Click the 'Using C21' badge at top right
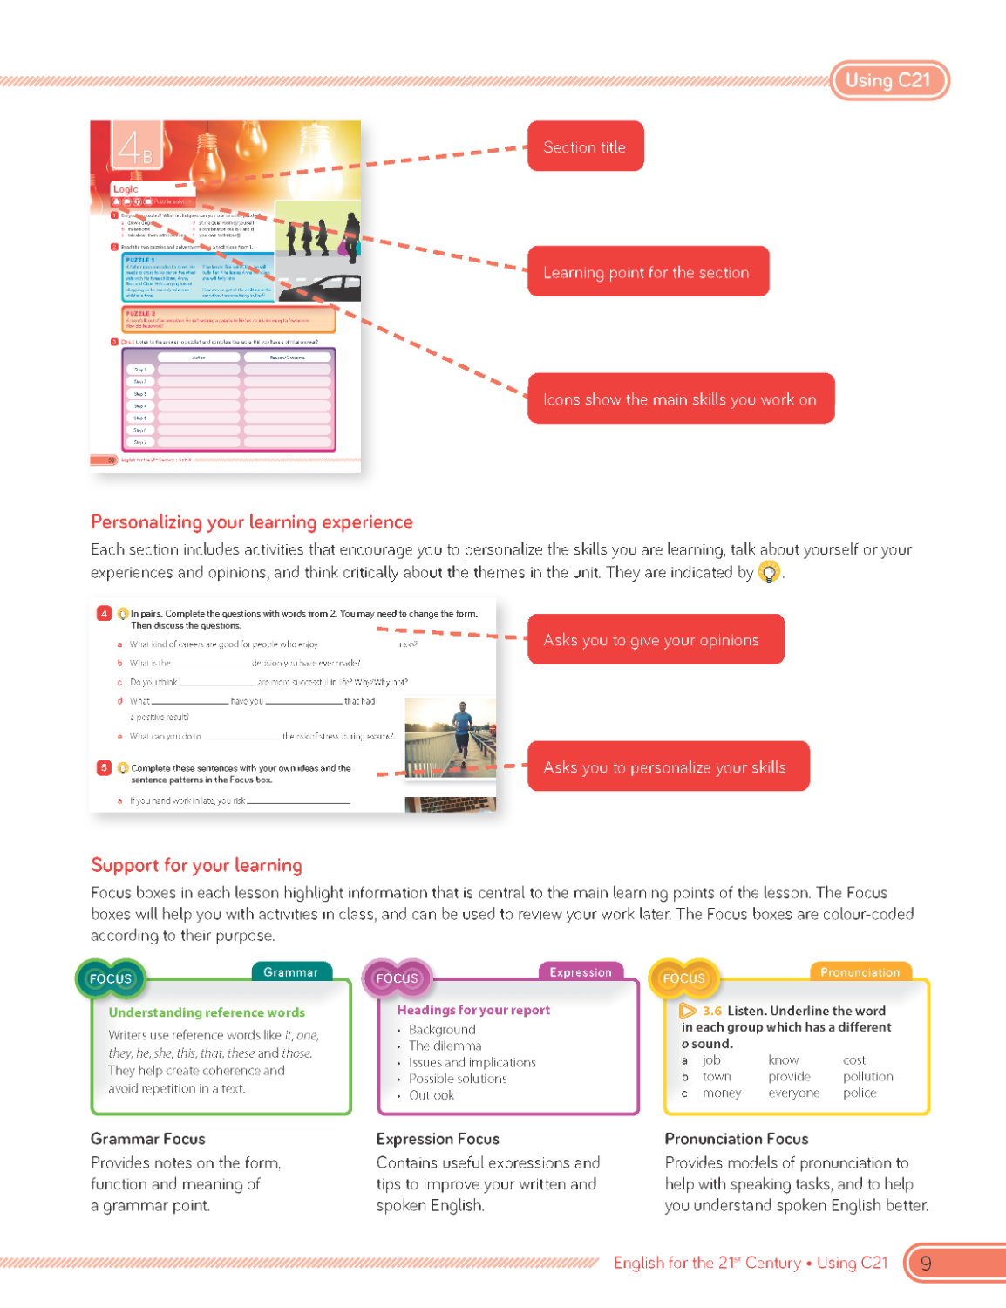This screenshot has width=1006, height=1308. point(888,80)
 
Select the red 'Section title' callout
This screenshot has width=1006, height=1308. point(585,146)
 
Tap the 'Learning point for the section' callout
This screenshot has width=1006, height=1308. point(647,272)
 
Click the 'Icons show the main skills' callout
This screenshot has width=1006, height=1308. point(680,399)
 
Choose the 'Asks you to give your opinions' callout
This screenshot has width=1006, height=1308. point(655,640)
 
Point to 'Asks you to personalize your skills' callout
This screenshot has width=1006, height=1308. point(668,767)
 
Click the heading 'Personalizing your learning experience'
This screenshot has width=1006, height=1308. point(252,522)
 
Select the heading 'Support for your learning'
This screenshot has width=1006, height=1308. point(196,865)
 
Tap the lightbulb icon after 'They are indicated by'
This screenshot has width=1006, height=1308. point(769,573)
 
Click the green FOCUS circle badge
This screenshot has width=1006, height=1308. point(111,978)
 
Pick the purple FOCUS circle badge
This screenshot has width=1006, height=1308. point(397,978)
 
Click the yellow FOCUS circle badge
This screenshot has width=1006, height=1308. point(683,978)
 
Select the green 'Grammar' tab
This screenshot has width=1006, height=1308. point(291,972)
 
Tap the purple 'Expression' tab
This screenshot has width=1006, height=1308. point(581,972)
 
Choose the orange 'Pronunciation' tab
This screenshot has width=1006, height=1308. point(860,972)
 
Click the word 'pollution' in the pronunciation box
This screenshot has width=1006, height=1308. point(867,1077)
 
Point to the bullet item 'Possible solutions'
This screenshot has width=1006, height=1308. point(458,1079)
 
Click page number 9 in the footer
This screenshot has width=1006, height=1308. point(926,1264)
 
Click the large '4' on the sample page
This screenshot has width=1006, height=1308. point(129,146)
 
